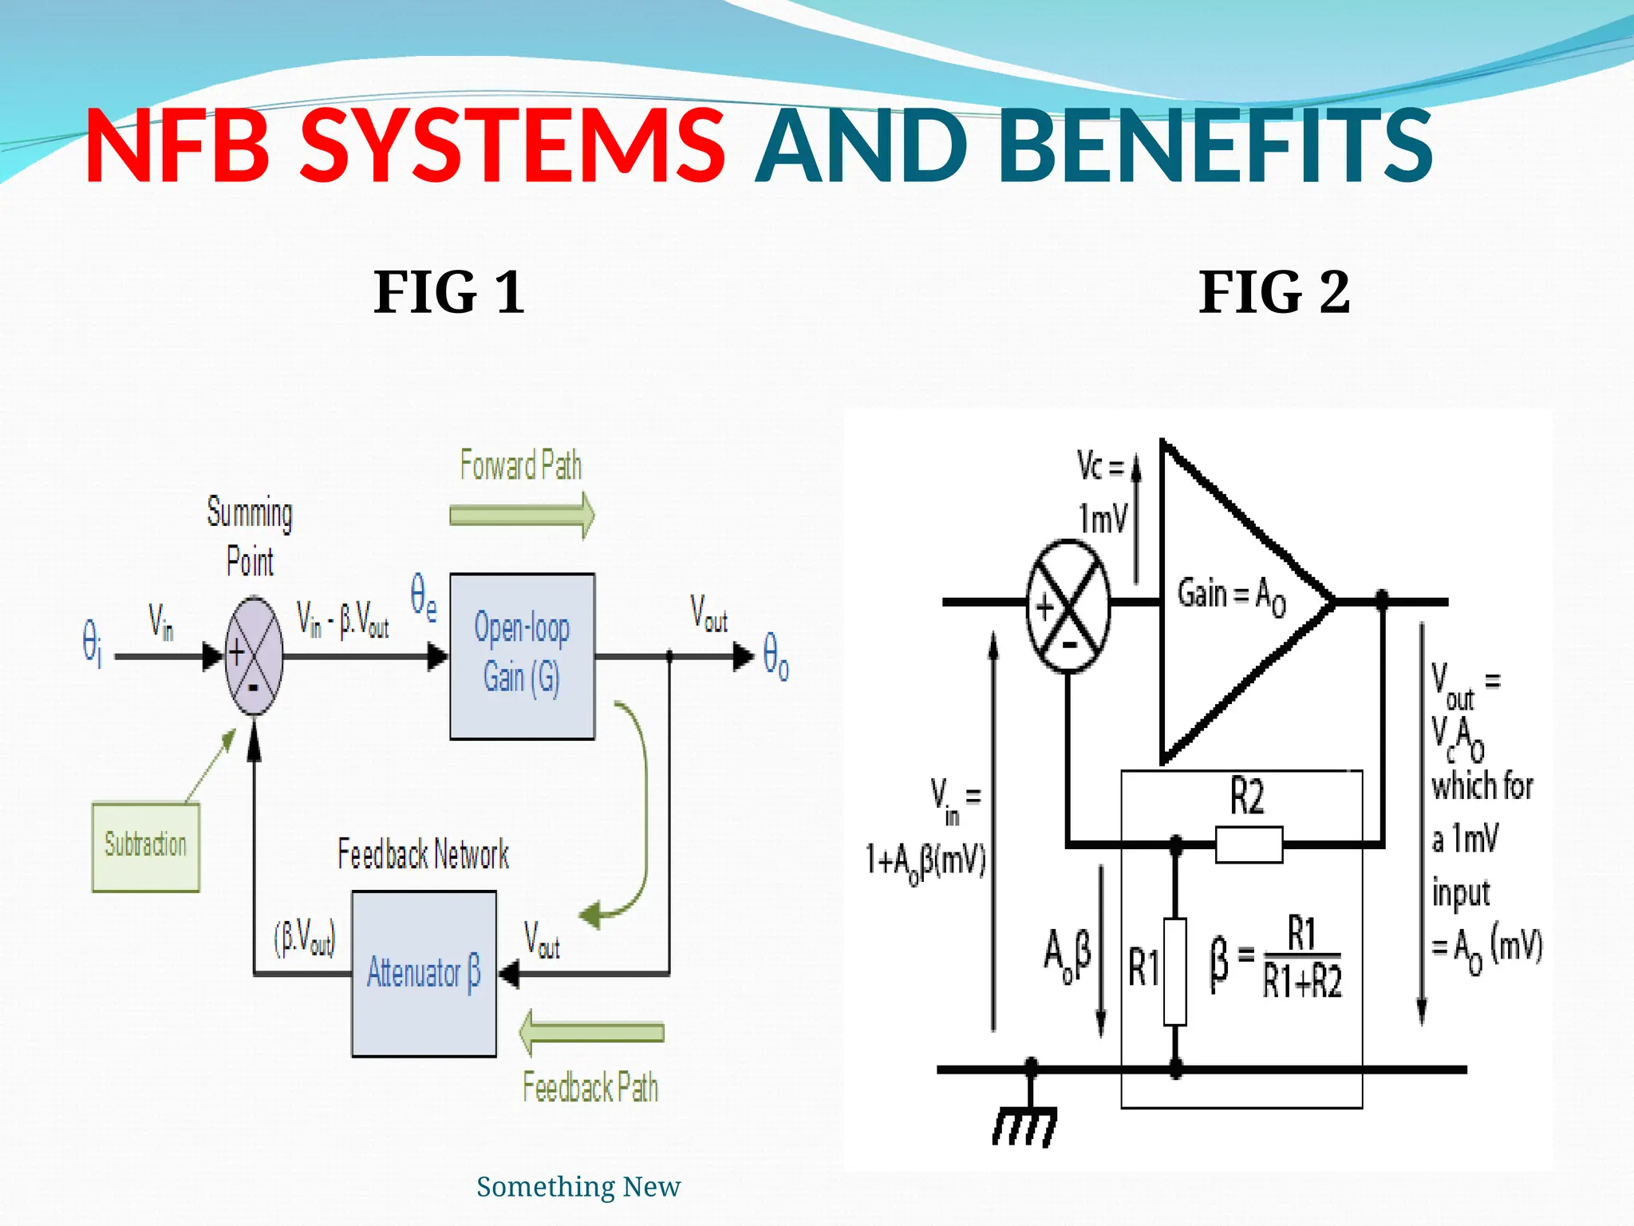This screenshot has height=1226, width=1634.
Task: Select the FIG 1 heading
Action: click(x=449, y=292)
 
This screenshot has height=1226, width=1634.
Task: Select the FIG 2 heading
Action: click(x=1274, y=292)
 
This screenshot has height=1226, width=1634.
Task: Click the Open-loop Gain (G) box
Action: click(x=522, y=656)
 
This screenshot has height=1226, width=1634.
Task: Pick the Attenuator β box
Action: click(x=424, y=974)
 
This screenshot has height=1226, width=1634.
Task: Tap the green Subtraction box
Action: click(x=146, y=846)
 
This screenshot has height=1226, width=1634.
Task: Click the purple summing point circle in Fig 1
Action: click(x=254, y=656)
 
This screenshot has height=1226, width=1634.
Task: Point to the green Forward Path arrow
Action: click(x=522, y=515)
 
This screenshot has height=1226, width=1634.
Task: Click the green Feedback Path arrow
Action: click(x=591, y=1033)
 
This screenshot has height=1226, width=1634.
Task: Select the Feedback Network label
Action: click(x=423, y=855)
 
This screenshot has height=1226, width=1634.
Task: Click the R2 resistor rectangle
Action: click(x=1249, y=844)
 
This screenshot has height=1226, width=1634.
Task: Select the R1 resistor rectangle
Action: click(x=1175, y=971)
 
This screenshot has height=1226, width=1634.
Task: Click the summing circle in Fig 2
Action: click(x=1068, y=607)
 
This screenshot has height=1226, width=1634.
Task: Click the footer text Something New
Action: click(x=578, y=1187)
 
